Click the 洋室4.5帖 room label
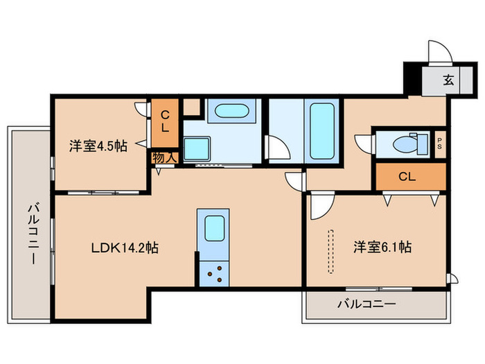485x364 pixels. click(97, 146)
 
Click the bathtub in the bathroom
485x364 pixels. click(321, 131)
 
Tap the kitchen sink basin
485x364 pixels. click(213, 227)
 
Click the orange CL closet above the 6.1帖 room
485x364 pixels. click(409, 176)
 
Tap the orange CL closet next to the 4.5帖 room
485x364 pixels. click(166, 122)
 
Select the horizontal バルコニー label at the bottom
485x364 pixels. click(367, 304)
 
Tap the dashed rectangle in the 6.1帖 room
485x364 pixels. click(330, 252)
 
